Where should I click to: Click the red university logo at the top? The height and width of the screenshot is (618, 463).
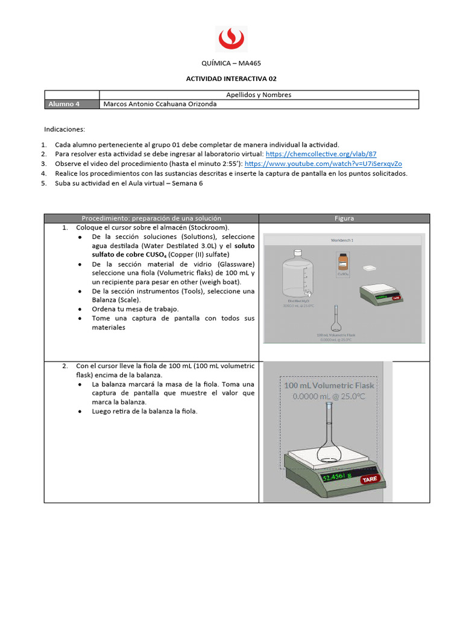pyautogui.click(x=231, y=39)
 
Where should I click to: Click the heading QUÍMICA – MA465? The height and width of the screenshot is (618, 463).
pyautogui.click(x=231, y=63)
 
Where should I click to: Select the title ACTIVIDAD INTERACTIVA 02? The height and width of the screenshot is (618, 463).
pyautogui.click(x=231, y=78)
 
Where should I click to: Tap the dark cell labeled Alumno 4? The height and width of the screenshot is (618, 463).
pyautogui.click(x=71, y=104)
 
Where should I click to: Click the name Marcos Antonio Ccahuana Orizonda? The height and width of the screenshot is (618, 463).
pyautogui.click(x=160, y=104)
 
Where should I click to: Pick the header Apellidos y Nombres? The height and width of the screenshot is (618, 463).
pyautogui.click(x=258, y=95)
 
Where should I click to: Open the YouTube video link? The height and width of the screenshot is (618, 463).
pyautogui.click(x=323, y=164)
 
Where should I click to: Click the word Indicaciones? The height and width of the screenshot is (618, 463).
pyautogui.click(x=65, y=129)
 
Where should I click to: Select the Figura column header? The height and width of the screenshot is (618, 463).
pyautogui.click(x=344, y=218)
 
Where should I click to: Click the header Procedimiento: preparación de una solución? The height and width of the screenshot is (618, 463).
pyautogui.click(x=151, y=218)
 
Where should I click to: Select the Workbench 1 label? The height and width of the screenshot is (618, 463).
pyautogui.click(x=342, y=240)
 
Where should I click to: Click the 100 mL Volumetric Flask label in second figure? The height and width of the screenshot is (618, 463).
pyautogui.click(x=329, y=386)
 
